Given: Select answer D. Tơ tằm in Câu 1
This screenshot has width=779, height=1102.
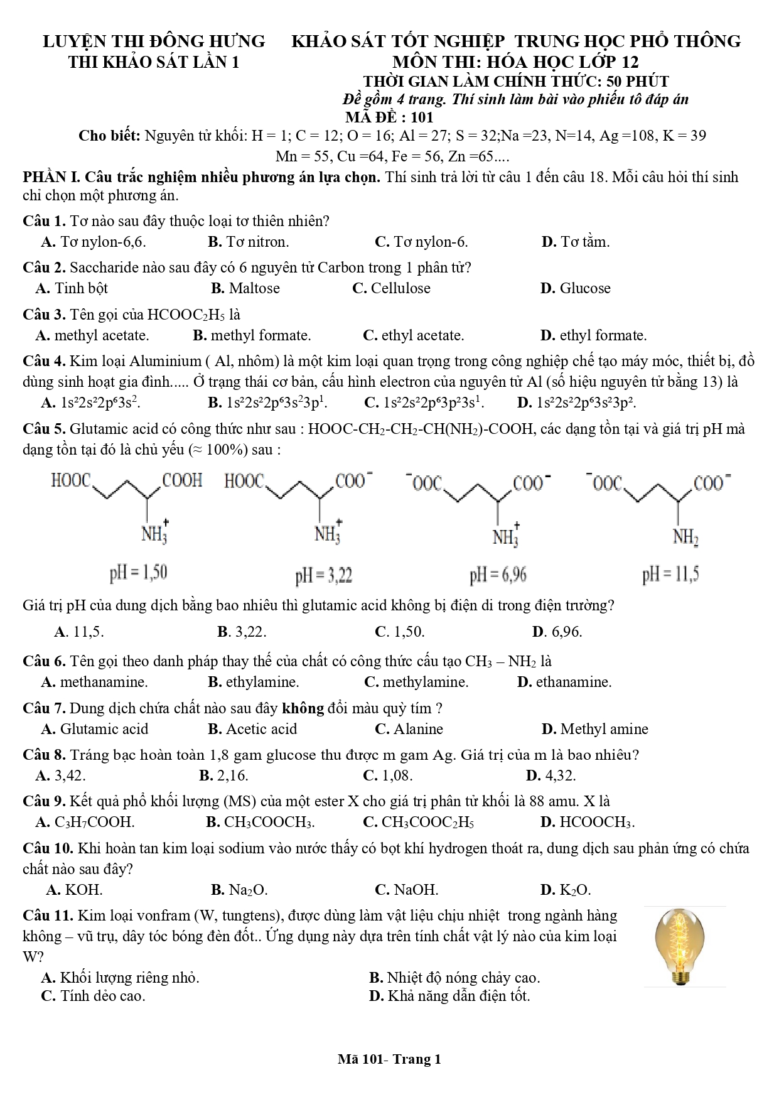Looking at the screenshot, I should (x=575, y=242).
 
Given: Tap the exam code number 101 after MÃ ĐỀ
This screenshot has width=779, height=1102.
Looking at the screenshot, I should (x=422, y=117).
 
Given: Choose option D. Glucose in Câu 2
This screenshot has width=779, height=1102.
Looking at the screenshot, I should (x=575, y=289).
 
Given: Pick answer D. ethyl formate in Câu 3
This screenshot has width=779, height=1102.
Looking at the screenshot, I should (x=593, y=336).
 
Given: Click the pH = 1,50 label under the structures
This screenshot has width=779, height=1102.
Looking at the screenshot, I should (x=139, y=573).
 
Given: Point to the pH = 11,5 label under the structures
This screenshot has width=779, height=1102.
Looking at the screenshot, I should (x=670, y=575).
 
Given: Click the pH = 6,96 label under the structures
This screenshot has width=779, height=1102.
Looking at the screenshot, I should (x=498, y=575).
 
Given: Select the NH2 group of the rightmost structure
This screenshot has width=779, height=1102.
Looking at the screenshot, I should (x=685, y=537).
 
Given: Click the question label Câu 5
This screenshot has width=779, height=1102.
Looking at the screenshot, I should (x=44, y=429).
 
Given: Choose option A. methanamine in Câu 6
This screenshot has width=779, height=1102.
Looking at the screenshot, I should (x=95, y=683).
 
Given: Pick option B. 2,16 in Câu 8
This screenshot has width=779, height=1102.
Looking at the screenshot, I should (x=224, y=776).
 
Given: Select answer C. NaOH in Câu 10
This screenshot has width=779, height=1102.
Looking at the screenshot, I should (x=407, y=890).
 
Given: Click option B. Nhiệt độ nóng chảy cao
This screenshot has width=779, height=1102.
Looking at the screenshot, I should (x=454, y=978).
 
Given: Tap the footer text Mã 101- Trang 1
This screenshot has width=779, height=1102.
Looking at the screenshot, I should (x=389, y=1060).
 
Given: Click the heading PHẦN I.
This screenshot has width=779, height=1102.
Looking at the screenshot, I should (x=51, y=178).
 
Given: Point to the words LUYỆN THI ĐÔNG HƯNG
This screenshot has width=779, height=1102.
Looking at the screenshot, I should (x=154, y=41).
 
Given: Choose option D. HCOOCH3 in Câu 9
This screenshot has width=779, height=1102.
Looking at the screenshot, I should (x=588, y=823).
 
